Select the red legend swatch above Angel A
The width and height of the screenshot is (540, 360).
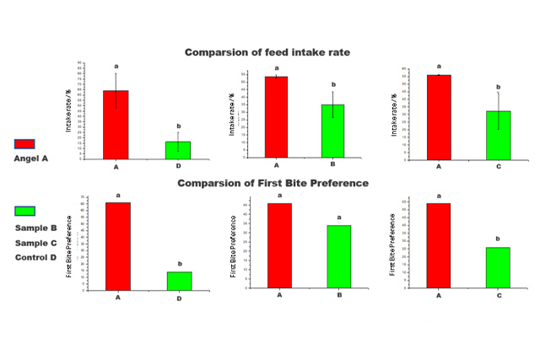tap(25, 144)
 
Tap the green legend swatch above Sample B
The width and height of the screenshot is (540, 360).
tap(25, 211)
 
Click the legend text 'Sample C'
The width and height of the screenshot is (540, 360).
tap(35, 243)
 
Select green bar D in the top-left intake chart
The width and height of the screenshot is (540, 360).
tap(178, 148)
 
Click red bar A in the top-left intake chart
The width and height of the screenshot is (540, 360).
tap(116, 123)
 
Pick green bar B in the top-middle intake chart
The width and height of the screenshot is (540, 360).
tap(333, 131)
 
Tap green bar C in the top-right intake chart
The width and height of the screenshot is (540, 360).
tap(499, 135)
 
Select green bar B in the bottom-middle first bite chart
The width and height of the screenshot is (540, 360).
tap(338, 256)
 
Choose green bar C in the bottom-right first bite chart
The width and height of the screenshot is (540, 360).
tap(498, 267)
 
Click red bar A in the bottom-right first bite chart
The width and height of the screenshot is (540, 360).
tap(438, 245)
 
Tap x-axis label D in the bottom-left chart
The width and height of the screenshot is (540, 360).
tap(179, 298)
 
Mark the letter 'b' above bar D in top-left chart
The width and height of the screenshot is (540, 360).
tap(179, 126)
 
